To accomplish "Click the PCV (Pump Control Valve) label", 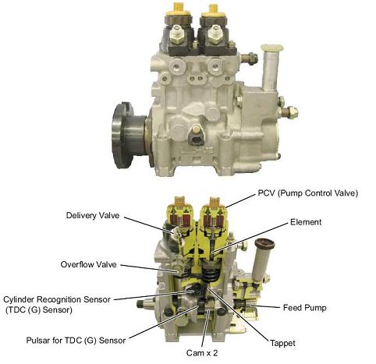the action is click(308, 193).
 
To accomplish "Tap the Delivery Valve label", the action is click(93, 215).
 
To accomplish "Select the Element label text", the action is click(306, 222).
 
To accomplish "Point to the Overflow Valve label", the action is click(88, 264).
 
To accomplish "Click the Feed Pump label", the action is click(304, 308).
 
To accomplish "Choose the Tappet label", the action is click(282, 343).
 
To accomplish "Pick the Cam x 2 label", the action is click(202, 353).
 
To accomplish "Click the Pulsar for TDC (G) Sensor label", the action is click(76, 341).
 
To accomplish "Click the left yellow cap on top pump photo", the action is click(178, 9).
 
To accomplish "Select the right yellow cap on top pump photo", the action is click(213, 10).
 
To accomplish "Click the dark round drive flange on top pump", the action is click(122, 135).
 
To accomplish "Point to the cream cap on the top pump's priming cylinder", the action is click(272, 48).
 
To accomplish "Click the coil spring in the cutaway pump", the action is click(210, 276).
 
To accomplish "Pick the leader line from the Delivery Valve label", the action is click(148, 224).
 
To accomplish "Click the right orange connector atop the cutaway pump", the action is click(215, 201).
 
